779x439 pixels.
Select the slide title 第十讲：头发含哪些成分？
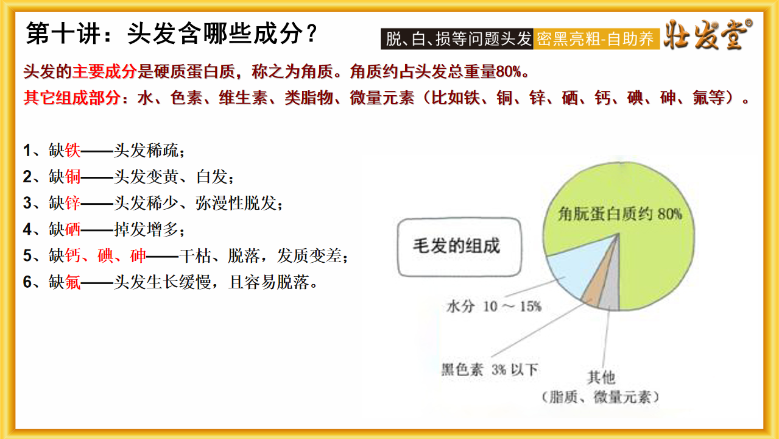(x=171, y=34)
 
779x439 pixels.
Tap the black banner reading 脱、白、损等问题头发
(x=457, y=38)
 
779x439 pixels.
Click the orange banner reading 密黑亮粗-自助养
(x=596, y=38)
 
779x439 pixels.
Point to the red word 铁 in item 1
(x=72, y=151)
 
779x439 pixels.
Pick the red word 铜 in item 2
(x=72, y=176)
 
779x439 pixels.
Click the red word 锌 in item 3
(x=72, y=203)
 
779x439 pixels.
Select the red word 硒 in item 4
(x=72, y=229)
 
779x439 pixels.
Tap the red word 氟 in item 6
(x=72, y=282)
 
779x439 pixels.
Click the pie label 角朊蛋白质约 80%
(x=619, y=214)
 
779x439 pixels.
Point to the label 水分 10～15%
(x=494, y=306)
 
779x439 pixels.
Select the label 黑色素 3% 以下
(x=490, y=369)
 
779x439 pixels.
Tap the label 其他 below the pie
(x=601, y=377)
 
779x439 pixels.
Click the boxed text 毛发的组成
(x=457, y=246)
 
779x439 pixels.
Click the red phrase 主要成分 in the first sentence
(x=104, y=71)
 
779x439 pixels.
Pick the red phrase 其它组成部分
(x=72, y=98)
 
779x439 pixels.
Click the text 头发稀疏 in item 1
(x=146, y=151)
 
